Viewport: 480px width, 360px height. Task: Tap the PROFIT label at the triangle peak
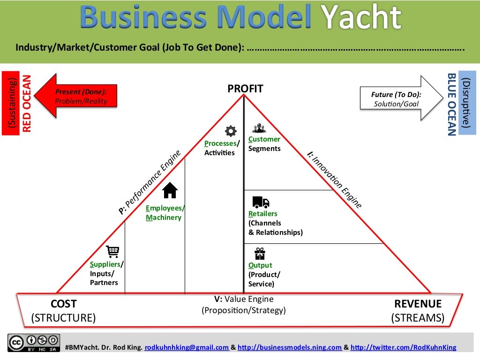click(245, 89)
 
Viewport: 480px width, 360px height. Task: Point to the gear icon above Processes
click(231, 131)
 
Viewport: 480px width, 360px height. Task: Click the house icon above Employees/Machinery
click(170, 190)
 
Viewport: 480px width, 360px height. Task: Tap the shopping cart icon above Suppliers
click(112, 252)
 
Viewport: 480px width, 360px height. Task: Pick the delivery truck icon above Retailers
click(261, 202)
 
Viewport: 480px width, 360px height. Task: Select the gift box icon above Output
click(260, 254)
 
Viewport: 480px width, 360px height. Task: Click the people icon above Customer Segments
click(259, 128)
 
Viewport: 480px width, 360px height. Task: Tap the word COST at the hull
click(63, 304)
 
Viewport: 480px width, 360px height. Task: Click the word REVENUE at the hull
click(418, 304)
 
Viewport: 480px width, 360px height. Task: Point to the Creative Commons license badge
click(34, 343)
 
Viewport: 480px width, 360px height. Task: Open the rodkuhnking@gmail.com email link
click(187, 347)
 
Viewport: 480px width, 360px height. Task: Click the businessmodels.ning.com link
click(290, 347)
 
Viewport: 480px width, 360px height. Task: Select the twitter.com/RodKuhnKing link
click(403, 347)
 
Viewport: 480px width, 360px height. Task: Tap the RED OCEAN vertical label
click(27, 103)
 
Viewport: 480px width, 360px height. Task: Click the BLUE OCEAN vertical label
click(452, 104)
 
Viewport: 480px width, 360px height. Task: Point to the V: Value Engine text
click(243, 299)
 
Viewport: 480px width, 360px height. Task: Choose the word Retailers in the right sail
click(263, 214)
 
